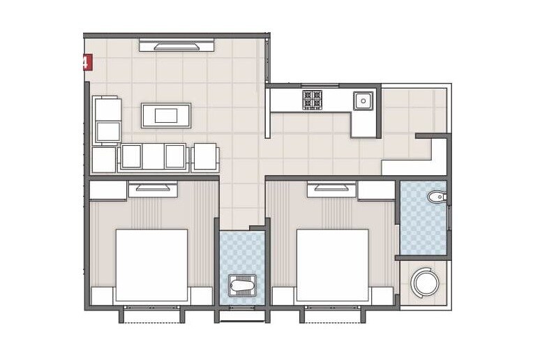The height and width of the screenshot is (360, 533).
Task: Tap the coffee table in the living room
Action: tap(166, 115)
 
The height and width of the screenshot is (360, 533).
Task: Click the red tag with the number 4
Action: tap(87, 63)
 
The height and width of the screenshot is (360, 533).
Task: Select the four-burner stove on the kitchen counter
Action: tap(312, 100)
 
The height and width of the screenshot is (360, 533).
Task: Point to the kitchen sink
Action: tap(363, 101)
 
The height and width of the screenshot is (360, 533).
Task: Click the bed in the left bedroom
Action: tap(151, 265)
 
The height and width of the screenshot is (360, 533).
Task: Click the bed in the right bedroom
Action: tap(333, 265)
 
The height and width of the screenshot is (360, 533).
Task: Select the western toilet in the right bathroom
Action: tap(437, 197)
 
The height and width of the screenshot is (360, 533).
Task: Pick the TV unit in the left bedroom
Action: tap(152, 187)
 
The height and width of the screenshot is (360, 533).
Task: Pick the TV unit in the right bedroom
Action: tap(332, 187)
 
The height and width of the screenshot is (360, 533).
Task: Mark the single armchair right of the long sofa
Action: tap(204, 157)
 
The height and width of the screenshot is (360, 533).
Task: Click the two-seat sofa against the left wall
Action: tap(107, 121)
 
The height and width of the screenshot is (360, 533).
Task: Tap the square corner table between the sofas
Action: tap(103, 159)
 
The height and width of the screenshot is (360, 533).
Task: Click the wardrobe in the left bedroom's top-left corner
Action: tap(107, 190)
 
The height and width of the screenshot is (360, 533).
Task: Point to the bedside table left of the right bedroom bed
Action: tap(283, 296)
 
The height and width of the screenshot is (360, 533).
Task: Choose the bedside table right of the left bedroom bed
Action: tap(201, 296)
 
